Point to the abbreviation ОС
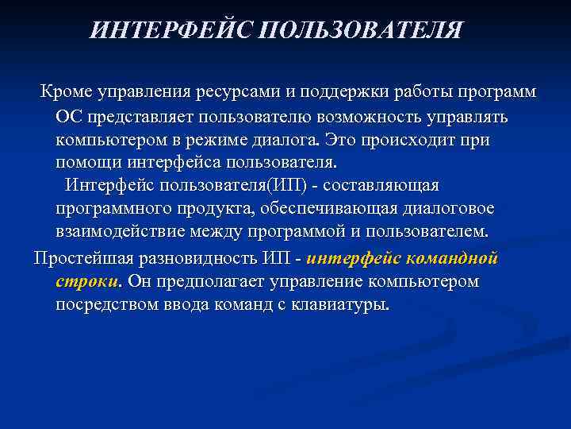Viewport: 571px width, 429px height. tap(69, 117)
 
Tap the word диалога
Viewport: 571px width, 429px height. tap(295, 140)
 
